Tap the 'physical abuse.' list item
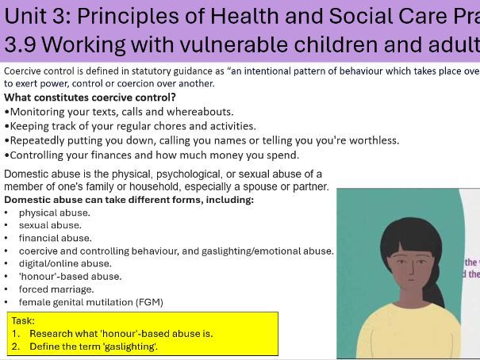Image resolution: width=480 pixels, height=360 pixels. (54, 213)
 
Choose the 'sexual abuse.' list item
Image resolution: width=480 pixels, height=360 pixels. (50, 225)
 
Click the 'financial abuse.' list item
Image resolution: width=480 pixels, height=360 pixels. (55, 238)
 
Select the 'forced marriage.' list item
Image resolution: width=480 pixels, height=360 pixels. (56, 289)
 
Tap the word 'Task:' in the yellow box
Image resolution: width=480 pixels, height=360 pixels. (25, 320)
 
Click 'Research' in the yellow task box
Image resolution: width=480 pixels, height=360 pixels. (52, 333)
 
